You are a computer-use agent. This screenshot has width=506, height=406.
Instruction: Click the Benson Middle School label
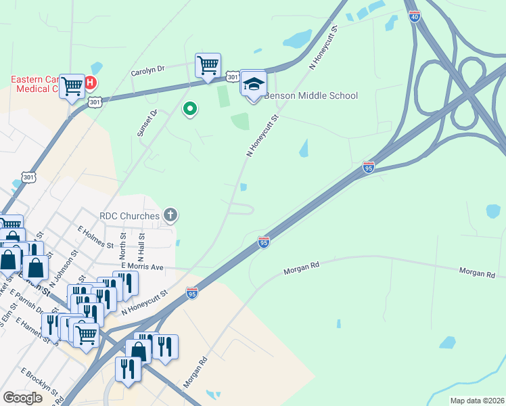click(x=310, y=95)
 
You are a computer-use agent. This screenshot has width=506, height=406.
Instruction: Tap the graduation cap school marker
click(x=253, y=85)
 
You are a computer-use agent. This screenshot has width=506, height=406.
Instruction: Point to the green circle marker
click(x=191, y=108)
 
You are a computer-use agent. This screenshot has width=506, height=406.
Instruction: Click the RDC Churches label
click(x=129, y=216)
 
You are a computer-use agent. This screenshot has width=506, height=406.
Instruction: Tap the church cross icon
click(x=170, y=216)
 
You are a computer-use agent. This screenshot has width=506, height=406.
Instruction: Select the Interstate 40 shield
click(x=414, y=16)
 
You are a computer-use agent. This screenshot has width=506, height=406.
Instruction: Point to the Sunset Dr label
click(x=147, y=123)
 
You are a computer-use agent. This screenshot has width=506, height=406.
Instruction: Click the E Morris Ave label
click(x=143, y=267)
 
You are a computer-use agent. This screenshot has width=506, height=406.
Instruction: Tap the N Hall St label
click(x=141, y=246)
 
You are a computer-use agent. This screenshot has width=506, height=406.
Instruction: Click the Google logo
click(x=23, y=398)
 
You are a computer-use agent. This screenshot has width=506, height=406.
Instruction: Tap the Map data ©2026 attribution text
click(x=477, y=401)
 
